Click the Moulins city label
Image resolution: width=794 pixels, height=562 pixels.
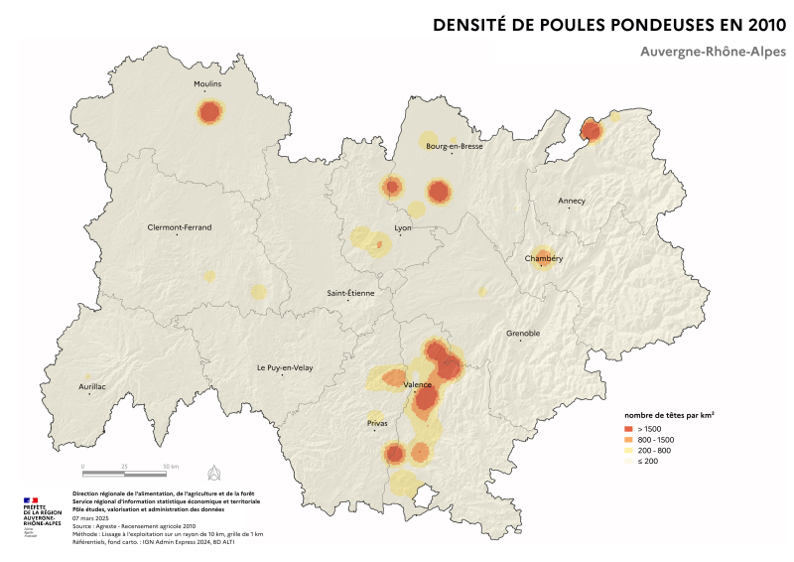coord(206,84)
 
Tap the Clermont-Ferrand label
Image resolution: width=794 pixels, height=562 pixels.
coord(179,227)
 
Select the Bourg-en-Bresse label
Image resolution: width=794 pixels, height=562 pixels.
coord(454,146)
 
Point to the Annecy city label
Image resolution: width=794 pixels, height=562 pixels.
coord(572,201)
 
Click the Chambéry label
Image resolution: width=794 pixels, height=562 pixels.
coord(543,259)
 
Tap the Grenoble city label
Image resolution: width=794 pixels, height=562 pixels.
coord(523,334)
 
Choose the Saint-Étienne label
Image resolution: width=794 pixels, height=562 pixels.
coord(350,293)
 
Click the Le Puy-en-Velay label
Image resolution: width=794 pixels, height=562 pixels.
coord(285,367)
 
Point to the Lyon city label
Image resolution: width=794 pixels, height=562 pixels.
coord(403,228)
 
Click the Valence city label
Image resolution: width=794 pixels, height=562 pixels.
coord(417,384)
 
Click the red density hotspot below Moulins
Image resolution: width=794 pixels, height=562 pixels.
coord(208,113)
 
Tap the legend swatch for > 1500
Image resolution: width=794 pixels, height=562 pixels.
coord(628,427)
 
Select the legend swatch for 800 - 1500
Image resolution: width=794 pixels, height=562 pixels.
coord(628,439)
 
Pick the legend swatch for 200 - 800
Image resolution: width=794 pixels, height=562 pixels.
coord(628,451)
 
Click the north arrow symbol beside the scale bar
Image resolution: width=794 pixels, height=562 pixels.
coord(212,471)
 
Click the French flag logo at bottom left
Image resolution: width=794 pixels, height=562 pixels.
coord(29,503)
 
